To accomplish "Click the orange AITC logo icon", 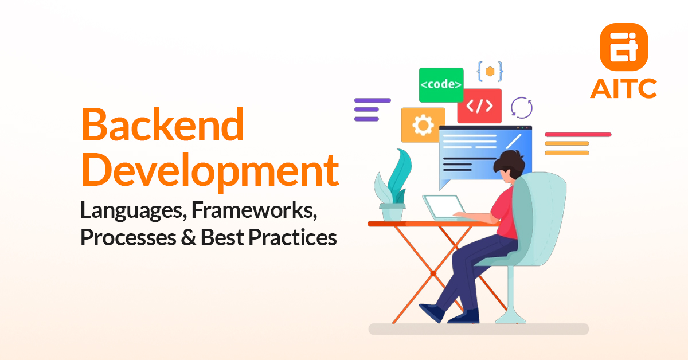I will coord(623,45).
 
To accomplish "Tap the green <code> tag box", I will coord(441,85).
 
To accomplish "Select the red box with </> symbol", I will coord(479,106).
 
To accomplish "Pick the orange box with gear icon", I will coord(423,124).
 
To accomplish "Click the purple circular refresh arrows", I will coord(522,107).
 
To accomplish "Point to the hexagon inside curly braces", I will coord(490,71).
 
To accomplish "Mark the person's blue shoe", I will coord(434,312).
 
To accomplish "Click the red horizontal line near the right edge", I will coord(577,135).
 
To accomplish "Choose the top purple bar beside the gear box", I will coord(372,100).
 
